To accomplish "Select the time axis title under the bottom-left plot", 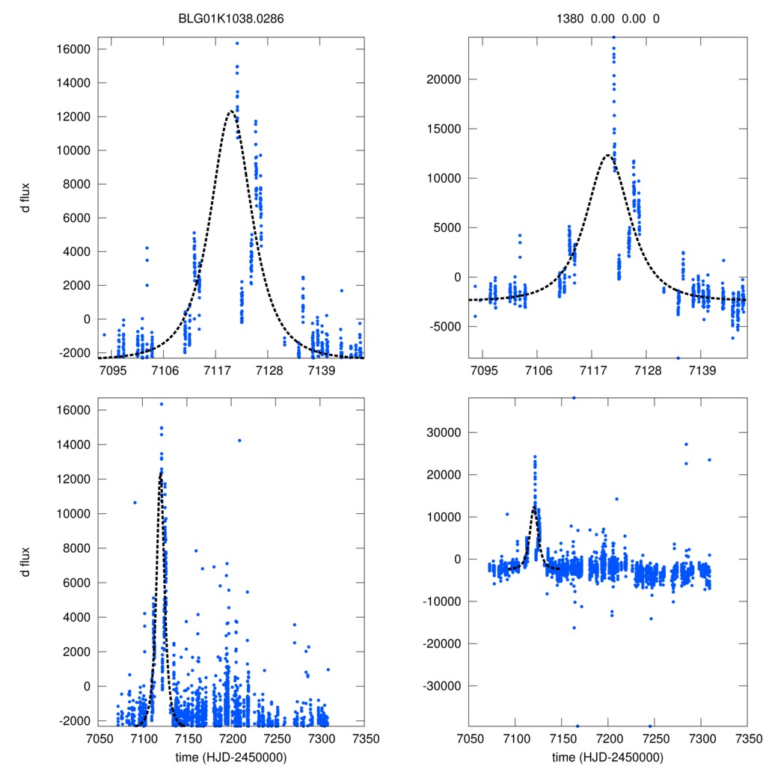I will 231,756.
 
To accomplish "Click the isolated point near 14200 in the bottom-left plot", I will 239,441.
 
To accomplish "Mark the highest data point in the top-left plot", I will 236,43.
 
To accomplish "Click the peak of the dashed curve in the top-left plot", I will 230,111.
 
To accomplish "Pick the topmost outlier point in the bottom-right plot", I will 574,398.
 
